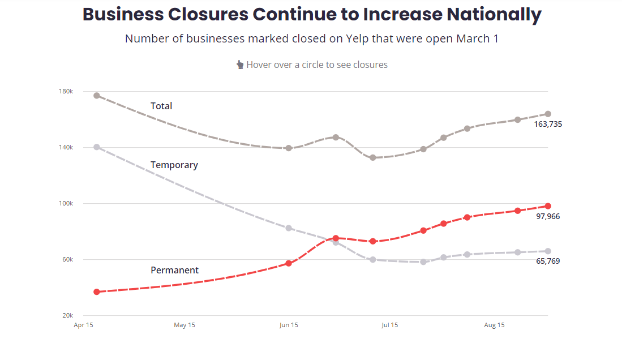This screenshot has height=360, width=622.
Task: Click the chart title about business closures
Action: [312, 15]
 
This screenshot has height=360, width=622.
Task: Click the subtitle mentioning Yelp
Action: [311, 39]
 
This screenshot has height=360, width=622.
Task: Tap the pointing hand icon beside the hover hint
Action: [240, 65]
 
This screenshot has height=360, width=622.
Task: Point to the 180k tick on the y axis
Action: [66, 92]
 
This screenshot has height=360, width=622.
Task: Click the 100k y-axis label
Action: [66, 203]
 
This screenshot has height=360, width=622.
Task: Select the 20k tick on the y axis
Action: [67, 315]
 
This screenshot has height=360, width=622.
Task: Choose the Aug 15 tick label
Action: [494, 325]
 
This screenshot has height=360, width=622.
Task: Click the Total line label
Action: [161, 106]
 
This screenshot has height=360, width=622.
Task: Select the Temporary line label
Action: [174, 165]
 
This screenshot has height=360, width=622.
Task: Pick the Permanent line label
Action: [174, 271]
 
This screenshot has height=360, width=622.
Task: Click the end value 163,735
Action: [548, 124]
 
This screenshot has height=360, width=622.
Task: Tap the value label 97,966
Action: [548, 216]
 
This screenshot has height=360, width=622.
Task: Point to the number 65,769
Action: [548, 261]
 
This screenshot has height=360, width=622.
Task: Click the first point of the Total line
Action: [97, 96]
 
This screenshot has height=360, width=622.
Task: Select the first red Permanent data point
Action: [97, 292]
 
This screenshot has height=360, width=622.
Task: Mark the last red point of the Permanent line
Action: [548, 206]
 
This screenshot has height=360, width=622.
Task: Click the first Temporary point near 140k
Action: [97, 147]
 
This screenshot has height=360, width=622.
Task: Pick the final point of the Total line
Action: [548, 114]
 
